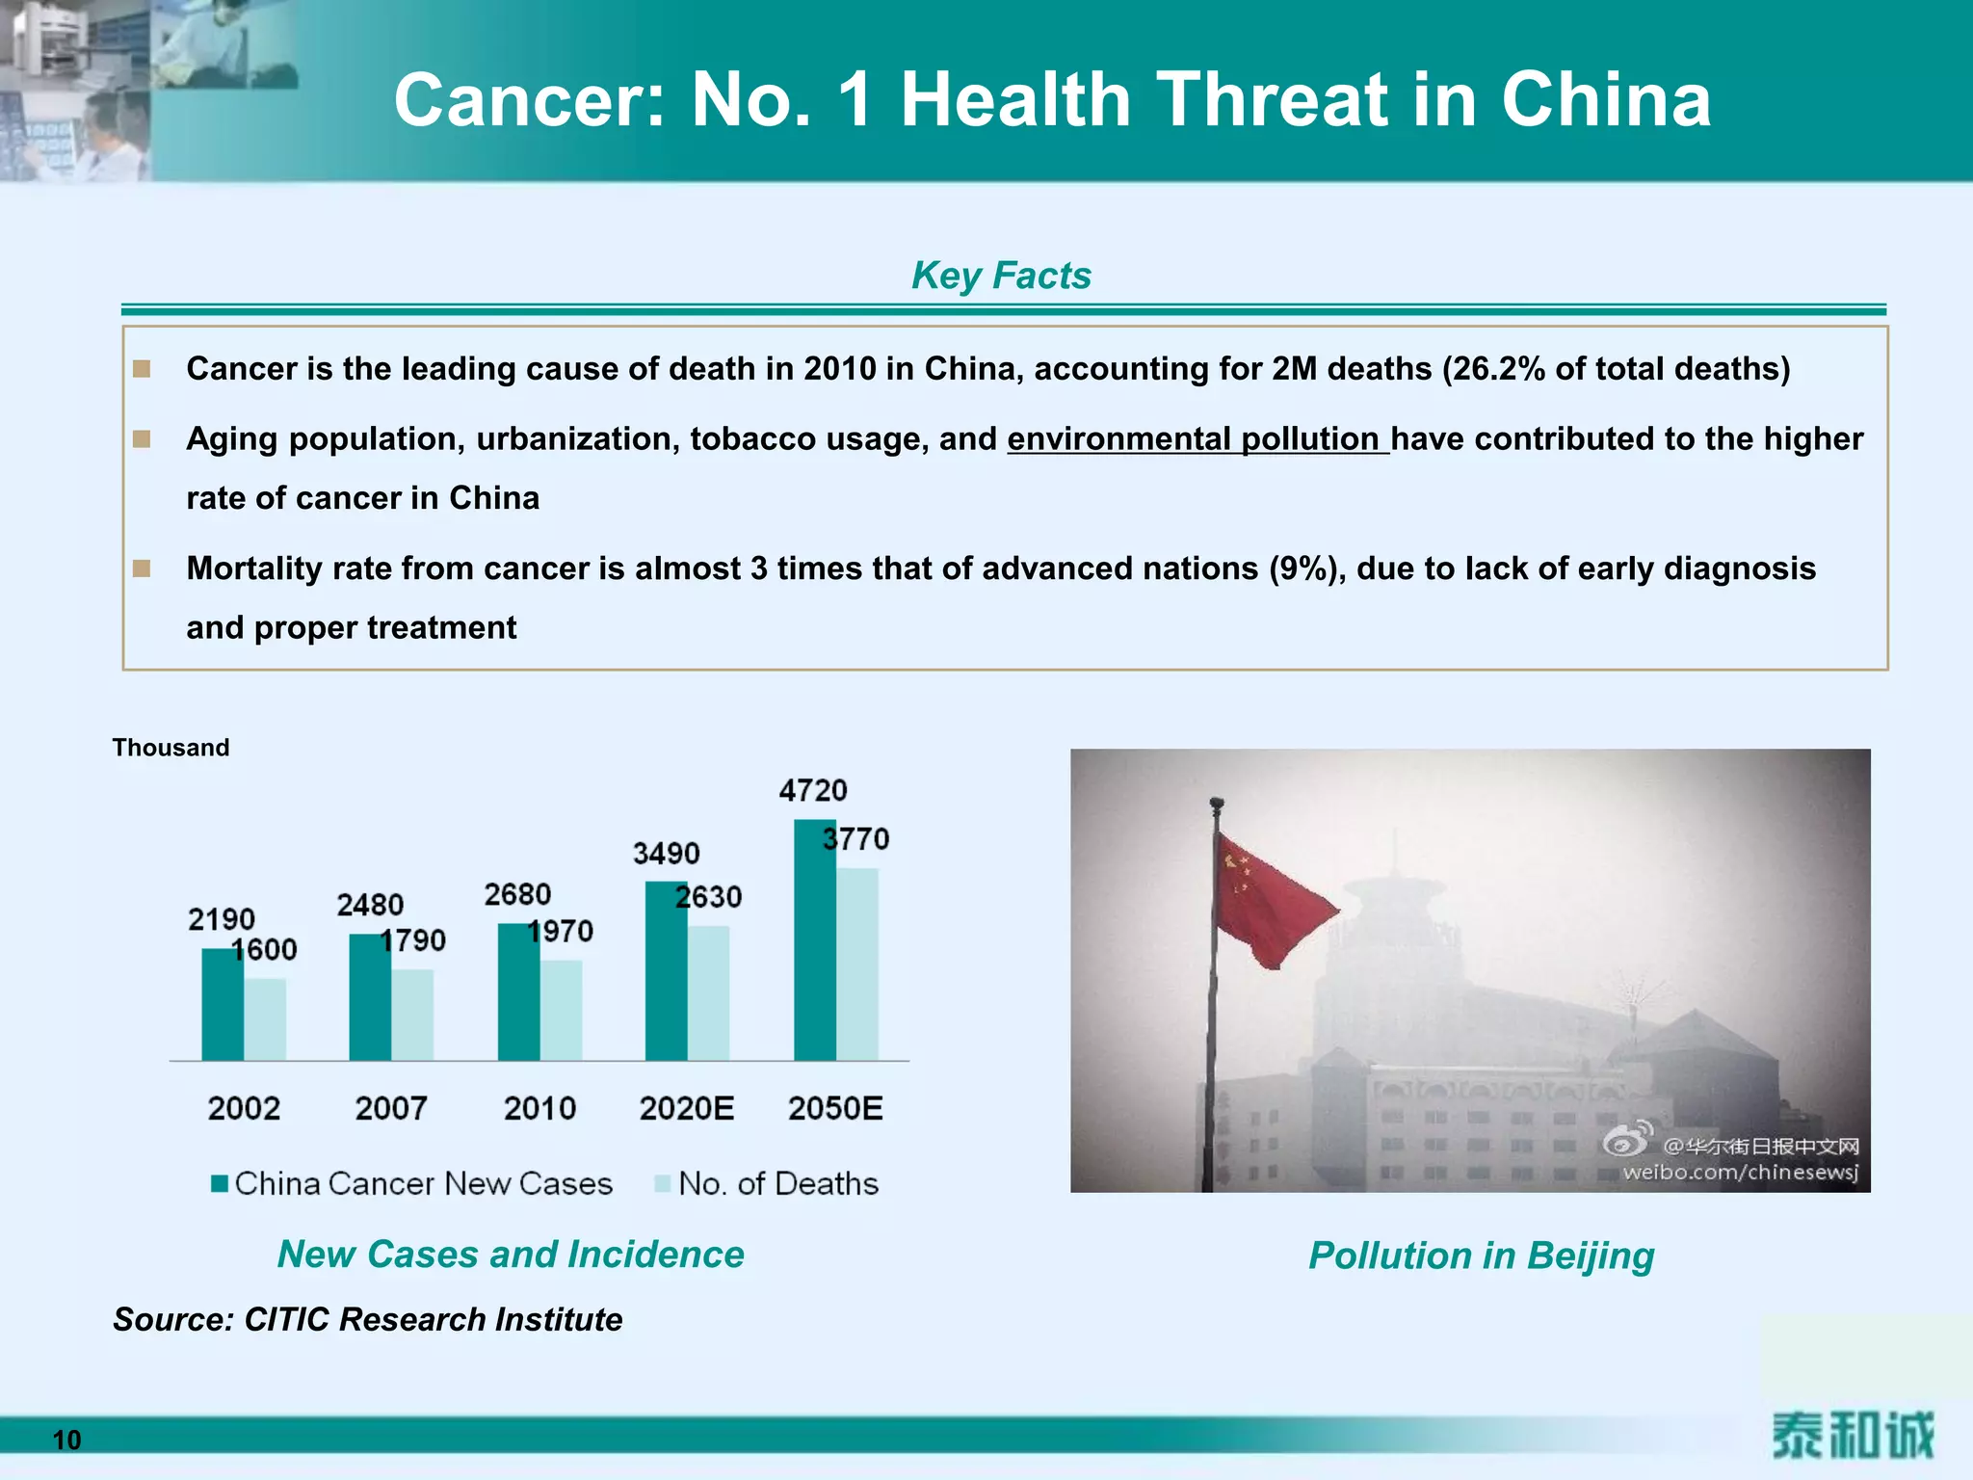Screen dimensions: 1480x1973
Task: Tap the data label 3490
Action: [x=666, y=854]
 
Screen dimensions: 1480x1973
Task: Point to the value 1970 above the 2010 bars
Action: [x=561, y=931]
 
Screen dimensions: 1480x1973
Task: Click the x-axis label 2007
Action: [x=391, y=1108]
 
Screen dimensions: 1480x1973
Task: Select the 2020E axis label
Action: [x=686, y=1108]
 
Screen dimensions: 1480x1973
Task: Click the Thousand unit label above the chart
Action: [x=171, y=748]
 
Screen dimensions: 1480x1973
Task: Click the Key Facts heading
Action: [x=1001, y=276]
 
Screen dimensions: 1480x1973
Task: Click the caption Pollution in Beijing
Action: [x=1481, y=1255]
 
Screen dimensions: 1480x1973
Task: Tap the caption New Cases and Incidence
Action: [x=511, y=1255]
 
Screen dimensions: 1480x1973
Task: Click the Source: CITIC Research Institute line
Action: [x=367, y=1319]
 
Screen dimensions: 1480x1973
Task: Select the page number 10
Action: [x=66, y=1440]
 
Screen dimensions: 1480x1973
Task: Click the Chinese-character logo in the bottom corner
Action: [x=1852, y=1436]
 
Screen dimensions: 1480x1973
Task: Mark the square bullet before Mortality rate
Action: [x=142, y=568]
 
